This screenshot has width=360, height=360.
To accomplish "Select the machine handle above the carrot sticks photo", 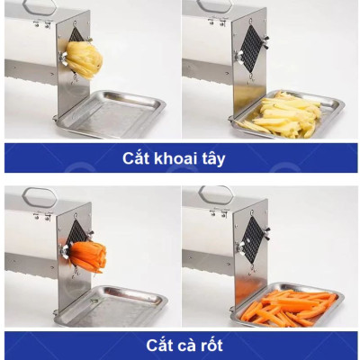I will (x=216, y=193).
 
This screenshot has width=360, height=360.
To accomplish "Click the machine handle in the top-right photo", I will (x=216, y=5).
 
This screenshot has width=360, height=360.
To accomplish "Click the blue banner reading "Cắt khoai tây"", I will (x=180, y=158).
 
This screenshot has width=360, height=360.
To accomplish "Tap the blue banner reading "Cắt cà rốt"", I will (x=180, y=345).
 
